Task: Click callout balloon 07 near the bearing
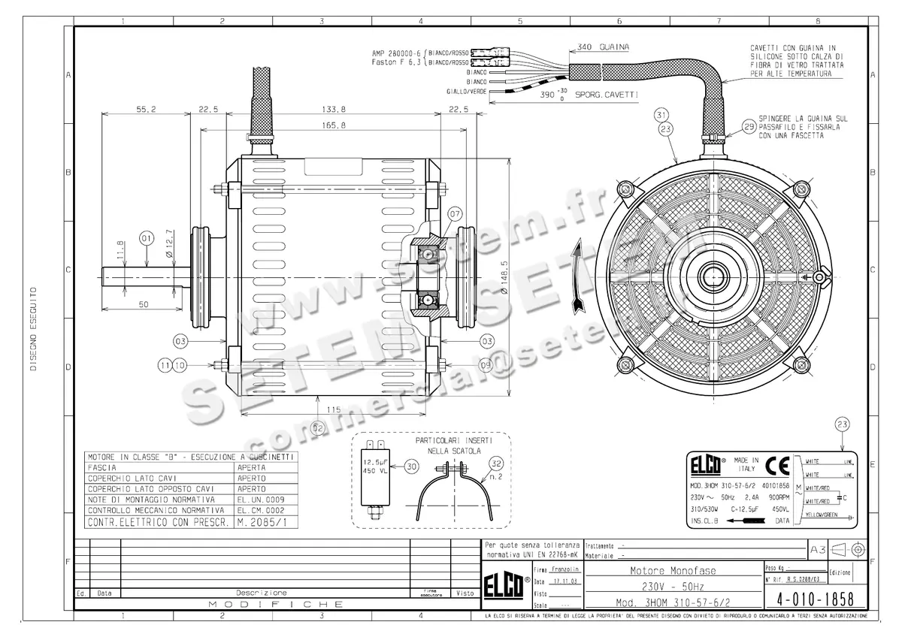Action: (456, 214)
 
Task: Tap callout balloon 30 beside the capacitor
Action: (410, 466)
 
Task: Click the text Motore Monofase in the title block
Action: (671, 571)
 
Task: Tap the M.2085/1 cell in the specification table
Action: (262, 521)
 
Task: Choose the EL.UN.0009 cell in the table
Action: (262, 499)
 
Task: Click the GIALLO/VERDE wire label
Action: (466, 91)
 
